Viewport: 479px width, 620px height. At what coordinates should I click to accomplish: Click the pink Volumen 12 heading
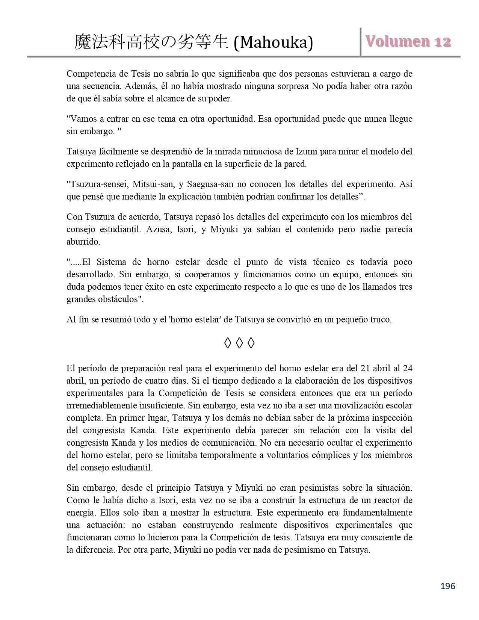pyautogui.click(x=408, y=41)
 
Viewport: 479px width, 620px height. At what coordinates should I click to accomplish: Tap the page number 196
pyautogui.click(x=448, y=586)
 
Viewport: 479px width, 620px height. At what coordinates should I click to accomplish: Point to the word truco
pyautogui.click(x=380, y=319)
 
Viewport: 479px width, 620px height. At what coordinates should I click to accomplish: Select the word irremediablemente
pyautogui.click(x=100, y=405)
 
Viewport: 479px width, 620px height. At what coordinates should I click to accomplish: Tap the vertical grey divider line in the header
pyautogui.click(x=361, y=42)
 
